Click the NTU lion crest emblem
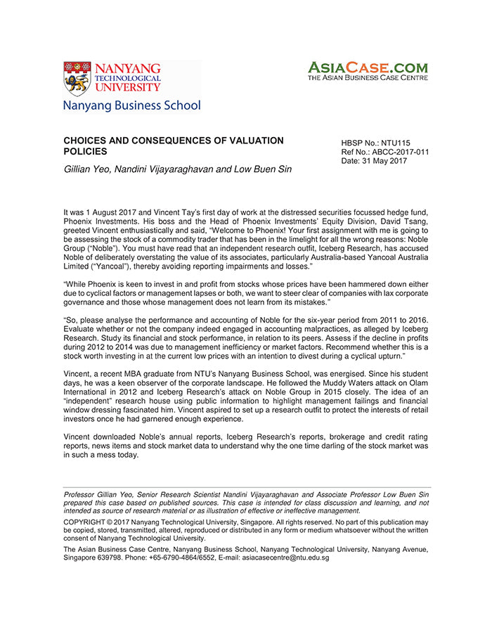pos(77,78)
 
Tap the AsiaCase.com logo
pos(368,71)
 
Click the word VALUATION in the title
pos(254,141)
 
